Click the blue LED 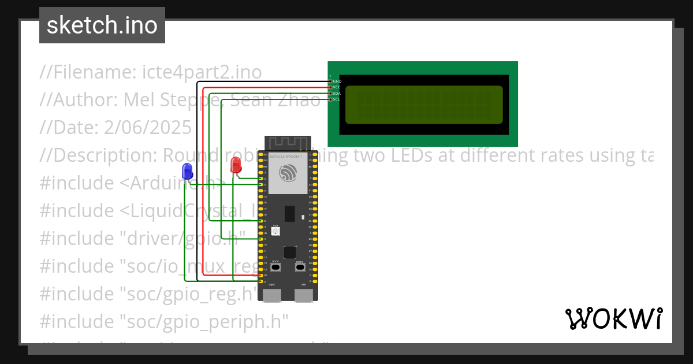pos(187,170)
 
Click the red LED pos(236,165)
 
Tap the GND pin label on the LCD pos(337,81)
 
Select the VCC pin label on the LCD pos(337,87)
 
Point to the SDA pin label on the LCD pos(337,94)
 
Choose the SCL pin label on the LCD pos(337,99)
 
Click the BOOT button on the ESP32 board pos(276,268)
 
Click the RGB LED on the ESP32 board pos(276,231)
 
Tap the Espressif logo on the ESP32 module pos(287,173)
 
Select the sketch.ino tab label pos(102,25)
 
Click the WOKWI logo pos(613,318)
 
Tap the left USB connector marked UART pos(272,295)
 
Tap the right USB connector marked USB pos(304,295)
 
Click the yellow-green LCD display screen pos(424,105)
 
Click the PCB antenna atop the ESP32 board pos(288,142)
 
